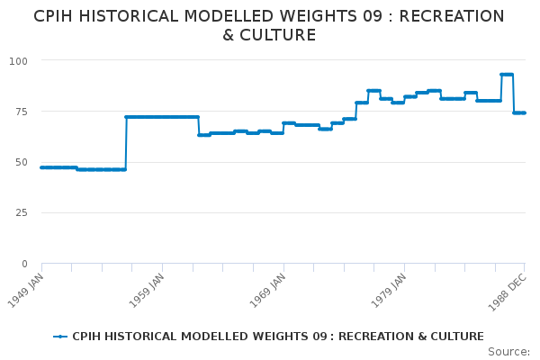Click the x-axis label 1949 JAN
29,288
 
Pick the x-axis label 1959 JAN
149,288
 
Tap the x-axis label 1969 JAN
271,288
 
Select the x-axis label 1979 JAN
392,288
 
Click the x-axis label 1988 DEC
511,288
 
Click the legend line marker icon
60,337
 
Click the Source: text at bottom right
508,351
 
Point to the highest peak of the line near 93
507,75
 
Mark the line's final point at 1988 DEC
525,112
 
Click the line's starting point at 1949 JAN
41,167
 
